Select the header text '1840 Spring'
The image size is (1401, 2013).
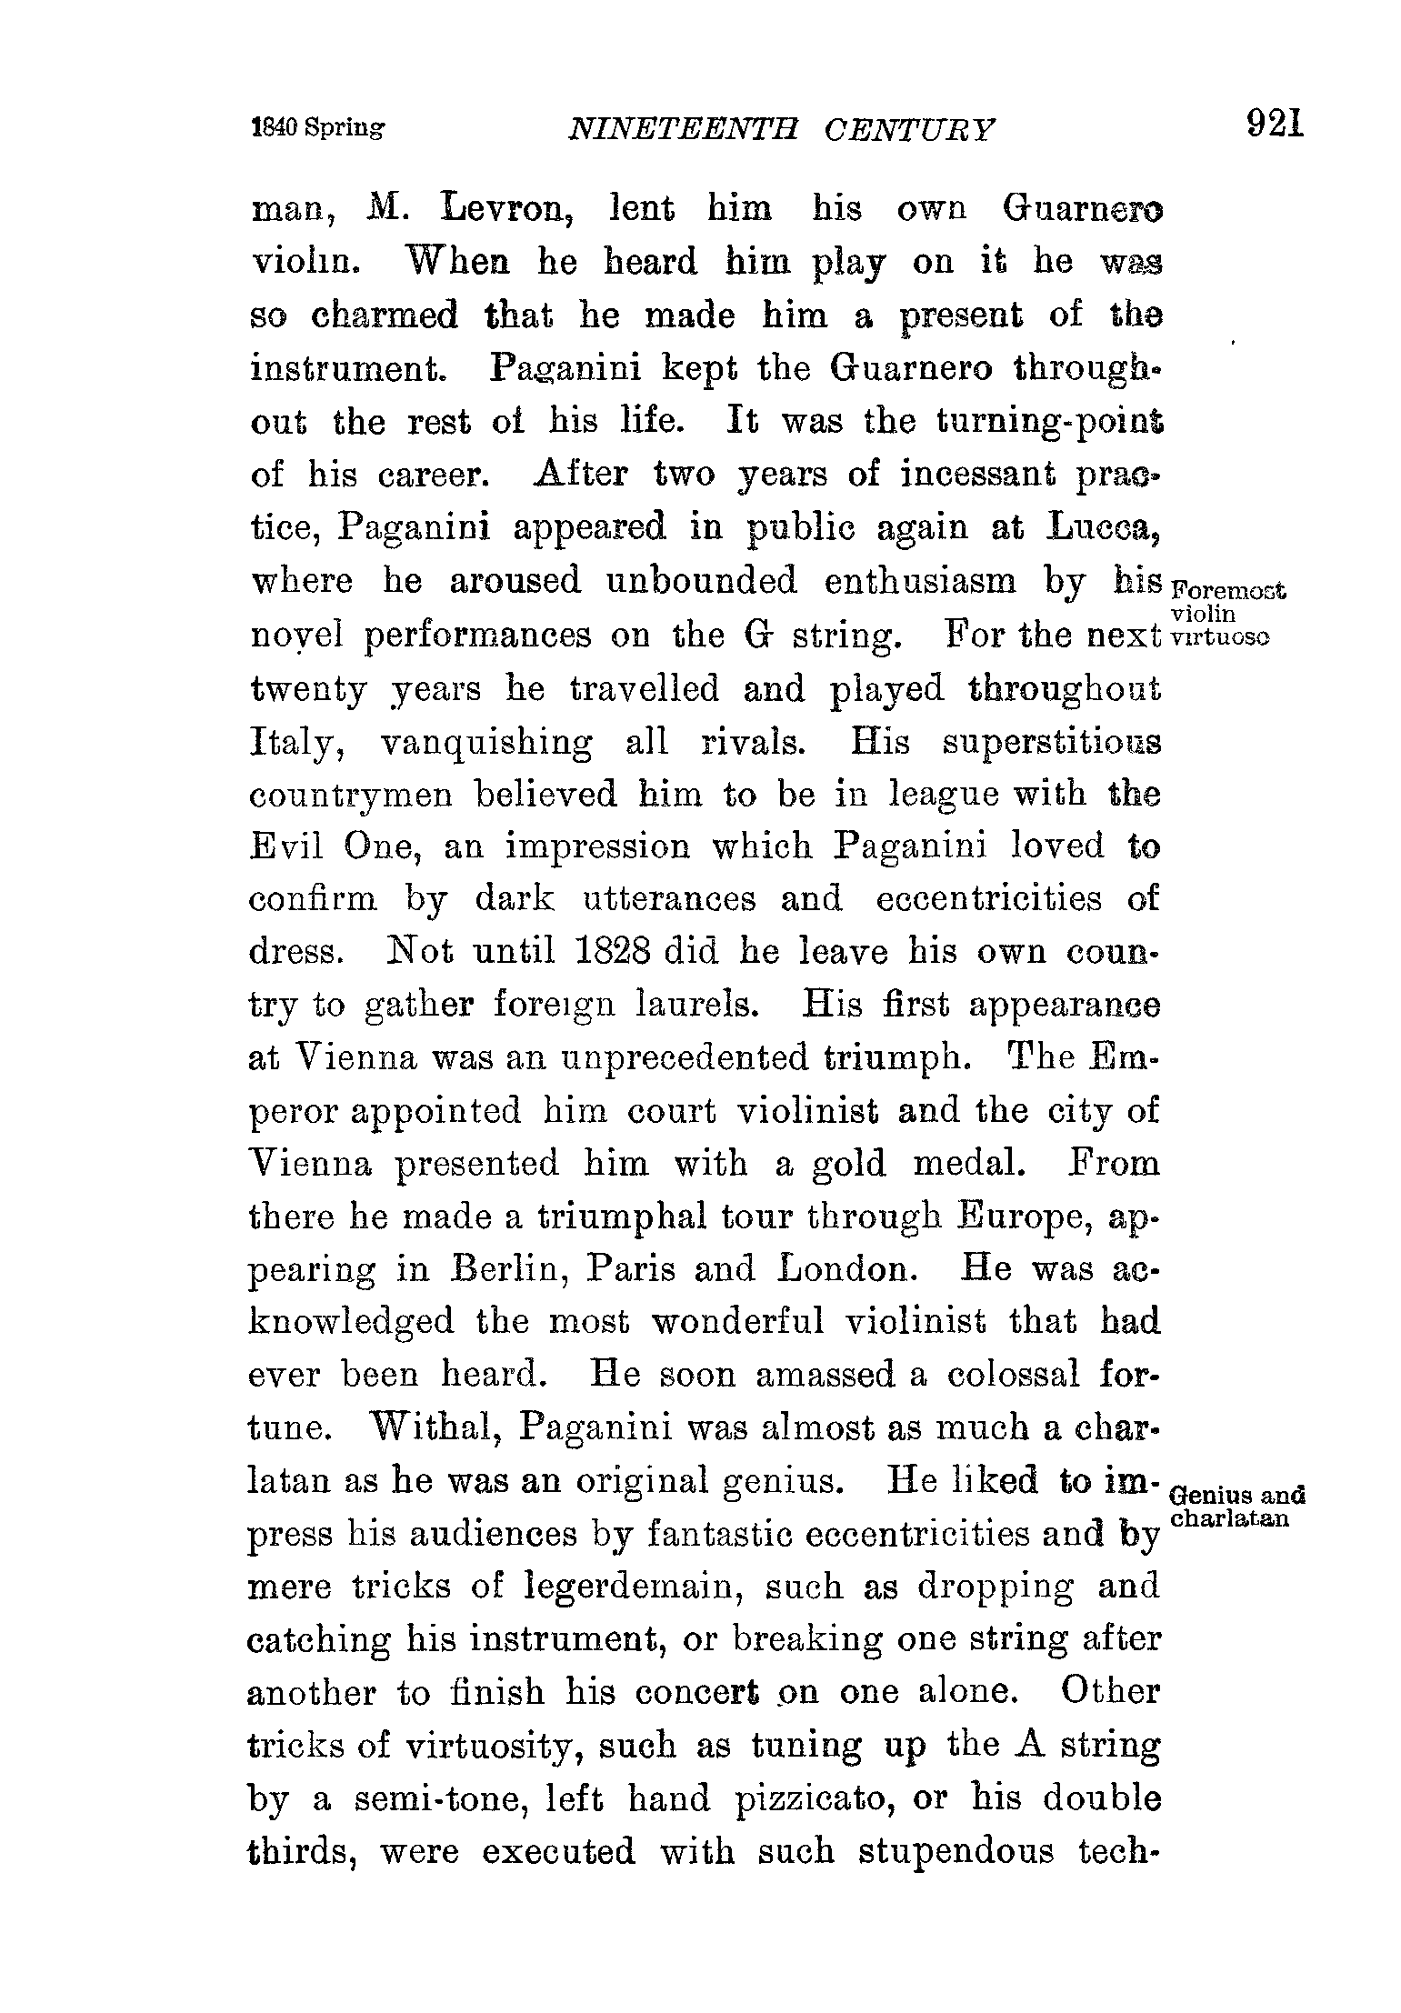click(x=317, y=128)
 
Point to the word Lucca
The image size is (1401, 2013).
click(x=1104, y=527)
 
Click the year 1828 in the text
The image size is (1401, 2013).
click(x=612, y=951)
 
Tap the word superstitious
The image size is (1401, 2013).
click(x=1051, y=742)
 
